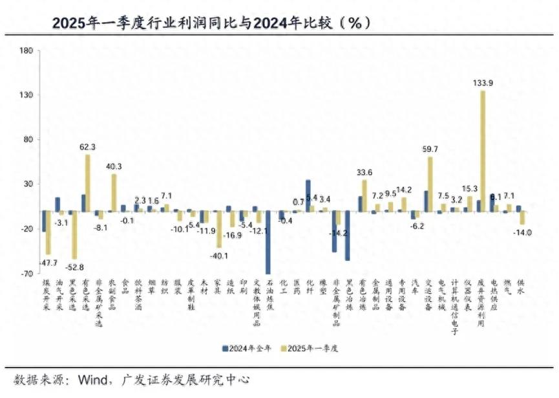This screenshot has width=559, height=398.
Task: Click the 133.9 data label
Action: (483, 83)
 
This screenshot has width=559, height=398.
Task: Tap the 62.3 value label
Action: (87, 147)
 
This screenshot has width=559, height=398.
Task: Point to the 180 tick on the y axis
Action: (26, 50)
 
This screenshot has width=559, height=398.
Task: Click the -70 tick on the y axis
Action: (26, 274)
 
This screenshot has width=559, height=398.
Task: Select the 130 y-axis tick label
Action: (26, 95)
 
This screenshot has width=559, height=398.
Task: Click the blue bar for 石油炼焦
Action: (268, 243)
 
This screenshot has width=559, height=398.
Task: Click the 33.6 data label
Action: (364, 173)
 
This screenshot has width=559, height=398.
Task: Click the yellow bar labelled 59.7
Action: (430, 184)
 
